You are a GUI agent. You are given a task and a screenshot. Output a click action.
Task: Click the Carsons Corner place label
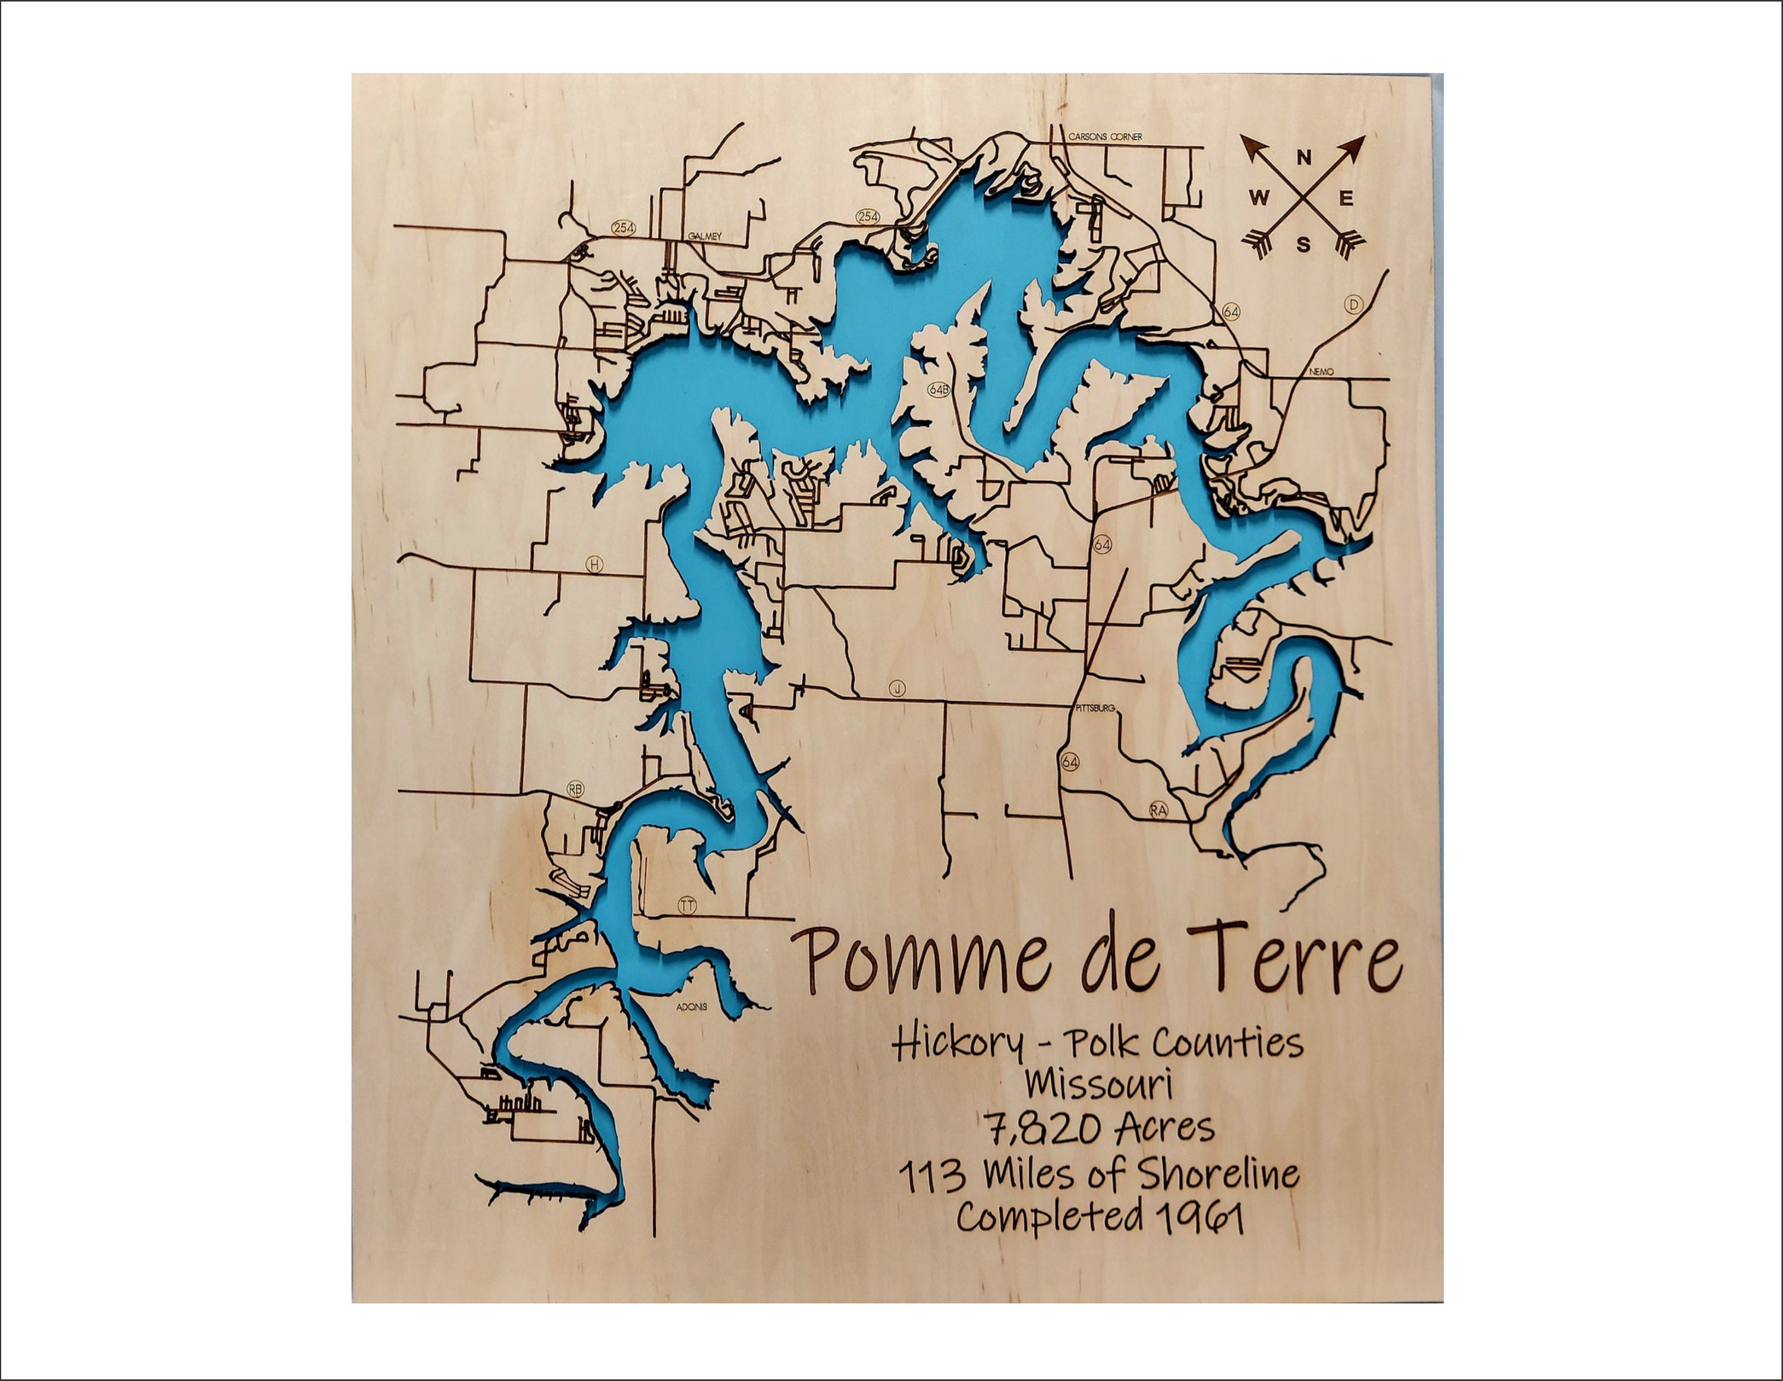click(x=1105, y=137)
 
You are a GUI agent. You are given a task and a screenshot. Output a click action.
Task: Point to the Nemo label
click(x=1321, y=371)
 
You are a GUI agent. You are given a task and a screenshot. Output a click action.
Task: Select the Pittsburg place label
click(x=1095, y=708)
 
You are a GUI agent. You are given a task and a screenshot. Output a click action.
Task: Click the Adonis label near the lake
click(x=691, y=1007)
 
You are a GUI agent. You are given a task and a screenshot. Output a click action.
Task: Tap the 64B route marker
click(x=939, y=390)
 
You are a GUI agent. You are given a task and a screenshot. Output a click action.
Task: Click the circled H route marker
click(x=594, y=564)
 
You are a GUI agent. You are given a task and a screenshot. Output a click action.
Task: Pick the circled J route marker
click(x=897, y=689)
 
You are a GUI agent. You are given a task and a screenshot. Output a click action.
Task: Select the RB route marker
click(x=575, y=789)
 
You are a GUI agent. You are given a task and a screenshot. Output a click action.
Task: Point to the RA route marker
click(x=1158, y=810)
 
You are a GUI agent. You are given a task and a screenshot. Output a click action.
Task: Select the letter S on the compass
click(x=1303, y=244)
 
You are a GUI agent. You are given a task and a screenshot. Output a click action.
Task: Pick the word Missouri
click(x=1099, y=1084)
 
